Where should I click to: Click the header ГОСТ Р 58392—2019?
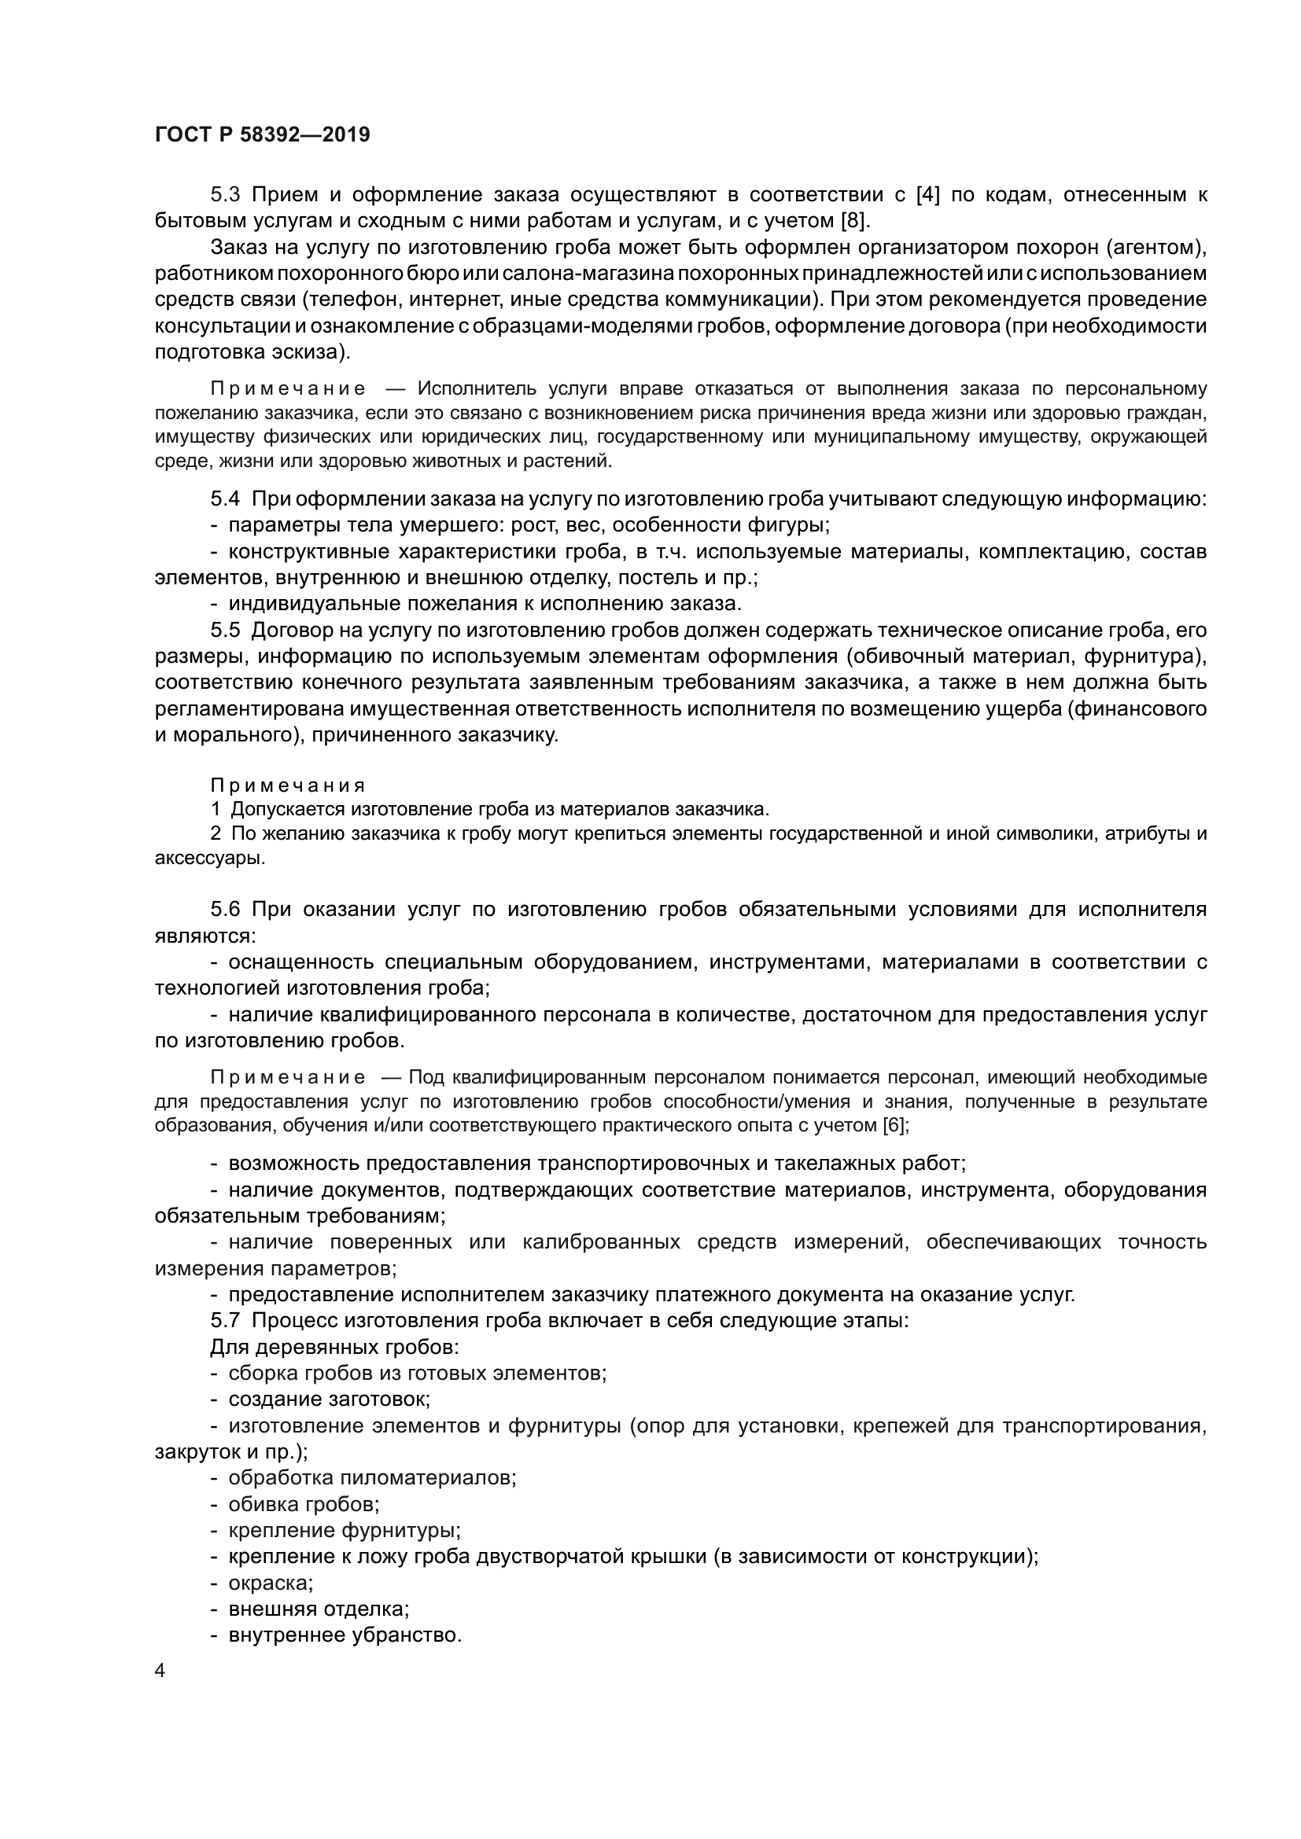coord(262,134)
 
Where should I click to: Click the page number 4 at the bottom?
coord(160,1671)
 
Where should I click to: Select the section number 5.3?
coord(225,195)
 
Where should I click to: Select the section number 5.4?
coord(225,499)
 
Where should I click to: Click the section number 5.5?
coord(225,631)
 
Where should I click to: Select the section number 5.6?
coord(225,909)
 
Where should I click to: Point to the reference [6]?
coord(895,1125)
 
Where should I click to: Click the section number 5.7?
coord(225,1321)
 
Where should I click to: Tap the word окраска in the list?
coord(270,1583)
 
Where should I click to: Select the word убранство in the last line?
coord(407,1635)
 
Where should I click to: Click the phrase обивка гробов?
coord(304,1504)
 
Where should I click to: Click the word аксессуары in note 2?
coord(208,858)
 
